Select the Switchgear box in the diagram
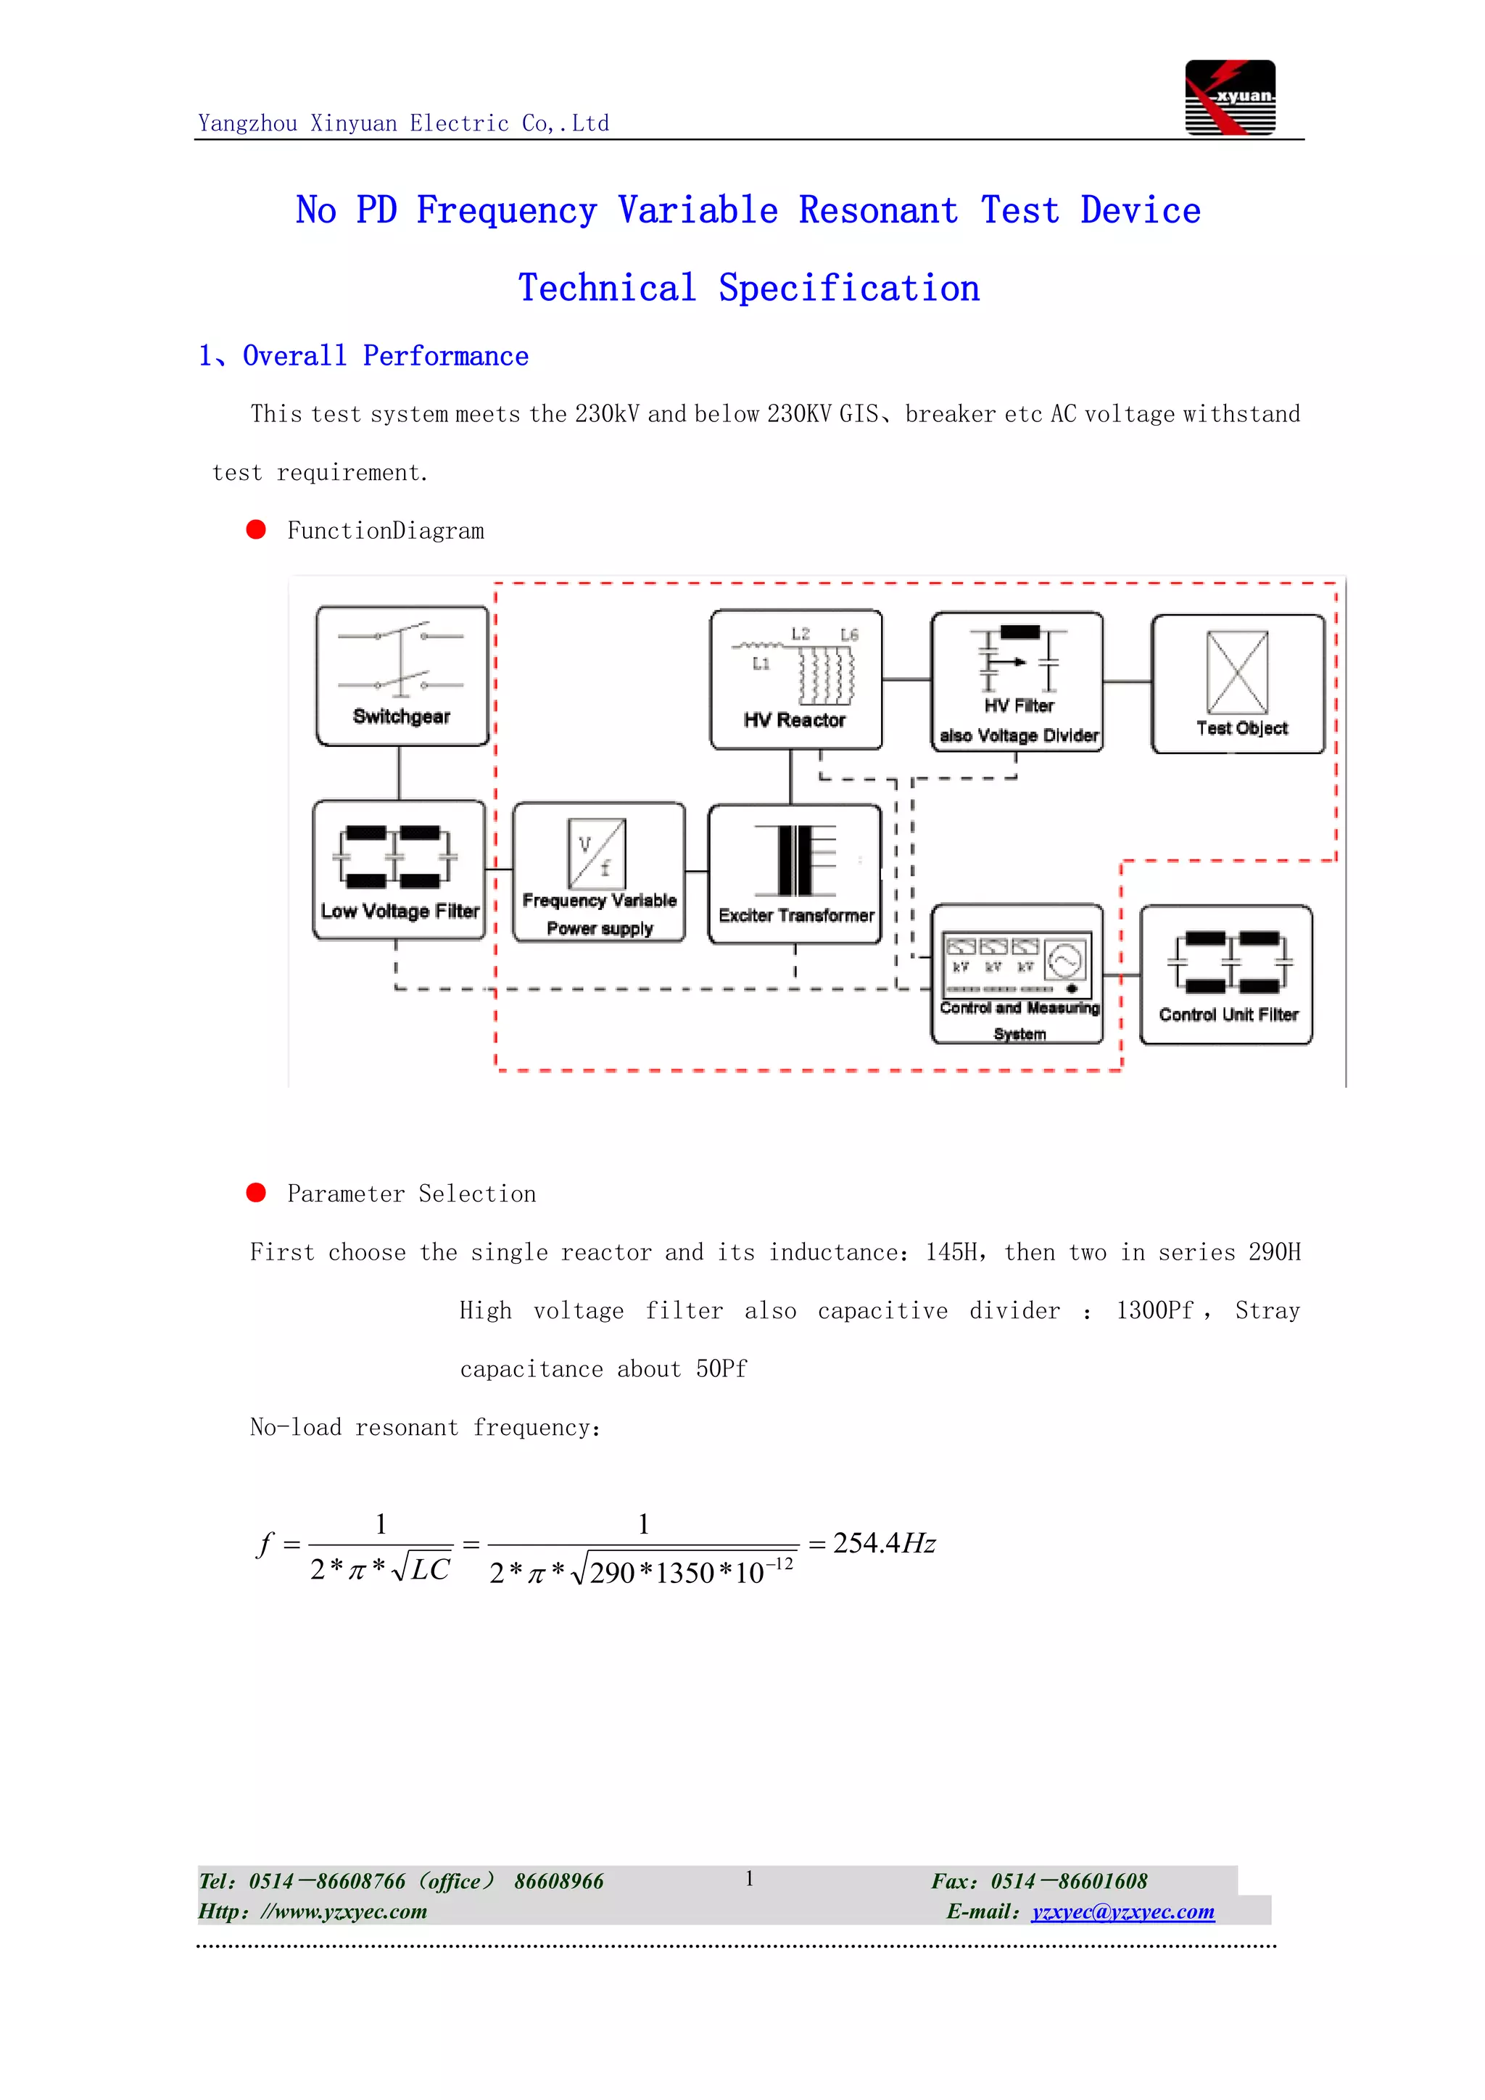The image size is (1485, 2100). pos(402,676)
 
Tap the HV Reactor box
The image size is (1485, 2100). pos(795,679)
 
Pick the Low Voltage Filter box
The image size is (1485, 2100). pos(399,870)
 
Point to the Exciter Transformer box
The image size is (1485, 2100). pos(795,875)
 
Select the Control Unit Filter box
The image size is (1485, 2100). pos(1225,975)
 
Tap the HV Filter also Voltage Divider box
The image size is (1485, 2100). pos(1017,682)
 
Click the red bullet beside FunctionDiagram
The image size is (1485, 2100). pos(256,529)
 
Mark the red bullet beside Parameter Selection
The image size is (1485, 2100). pos(256,1193)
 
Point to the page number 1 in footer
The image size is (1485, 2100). pos(749,1879)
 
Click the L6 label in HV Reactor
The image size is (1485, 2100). pos(850,634)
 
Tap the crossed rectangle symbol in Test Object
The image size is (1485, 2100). pos(1237,672)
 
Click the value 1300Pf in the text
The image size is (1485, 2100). pos(1154,1310)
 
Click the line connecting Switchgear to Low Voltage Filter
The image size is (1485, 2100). pos(399,773)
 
